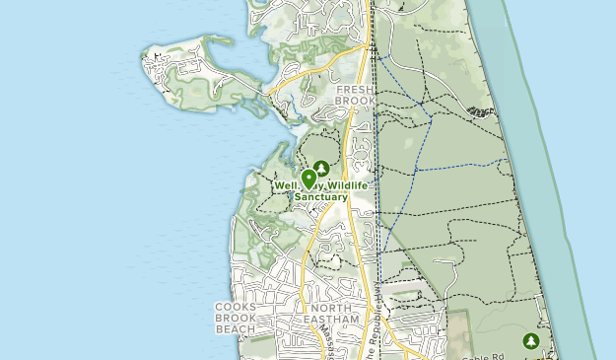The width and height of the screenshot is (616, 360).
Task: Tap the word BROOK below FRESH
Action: click(356, 100)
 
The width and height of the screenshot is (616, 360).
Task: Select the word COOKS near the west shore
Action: click(236, 307)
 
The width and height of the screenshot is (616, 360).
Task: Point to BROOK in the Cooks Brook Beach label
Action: click(236, 318)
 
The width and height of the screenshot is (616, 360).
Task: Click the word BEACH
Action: click(236, 328)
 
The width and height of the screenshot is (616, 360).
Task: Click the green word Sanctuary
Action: click(322, 196)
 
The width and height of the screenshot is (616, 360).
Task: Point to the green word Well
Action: click(287, 184)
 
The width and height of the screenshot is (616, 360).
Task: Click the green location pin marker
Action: click(309, 179)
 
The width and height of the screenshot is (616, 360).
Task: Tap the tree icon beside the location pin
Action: click(320, 169)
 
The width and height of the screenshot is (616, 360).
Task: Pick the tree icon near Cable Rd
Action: click(532, 340)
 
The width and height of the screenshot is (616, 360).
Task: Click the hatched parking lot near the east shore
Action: click(480, 109)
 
